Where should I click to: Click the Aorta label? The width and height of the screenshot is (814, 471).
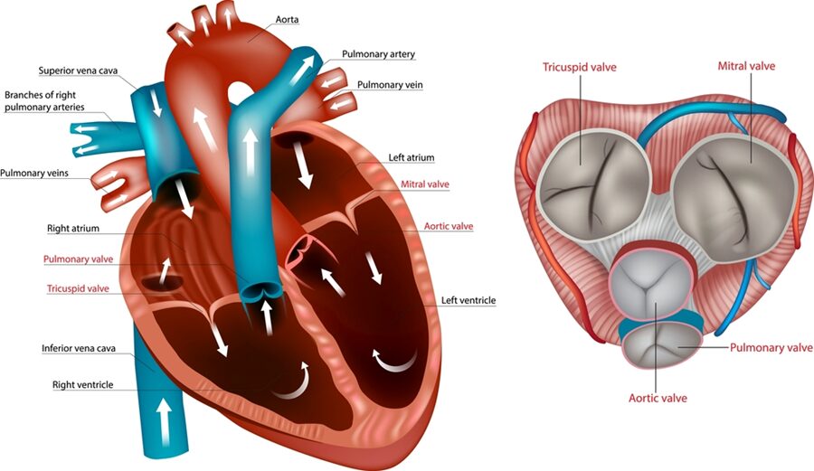point(287,19)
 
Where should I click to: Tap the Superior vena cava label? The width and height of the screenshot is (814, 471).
point(78,71)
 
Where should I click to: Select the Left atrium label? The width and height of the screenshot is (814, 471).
point(412,157)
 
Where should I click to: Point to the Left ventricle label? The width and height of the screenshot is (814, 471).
point(469,300)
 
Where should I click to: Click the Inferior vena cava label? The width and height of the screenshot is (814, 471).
point(79,348)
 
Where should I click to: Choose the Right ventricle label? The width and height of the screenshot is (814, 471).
point(82,384)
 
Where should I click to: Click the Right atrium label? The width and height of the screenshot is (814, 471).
point(72,228)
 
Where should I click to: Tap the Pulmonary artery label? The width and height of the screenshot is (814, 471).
point(378,54)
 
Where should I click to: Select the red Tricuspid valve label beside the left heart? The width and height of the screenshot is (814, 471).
point(78,288)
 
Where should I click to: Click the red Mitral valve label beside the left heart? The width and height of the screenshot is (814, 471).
point(425,184)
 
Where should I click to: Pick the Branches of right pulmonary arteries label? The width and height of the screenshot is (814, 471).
point(44,101)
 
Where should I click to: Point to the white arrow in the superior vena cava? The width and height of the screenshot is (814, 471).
point(156,104)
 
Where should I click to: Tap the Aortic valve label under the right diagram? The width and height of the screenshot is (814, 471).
point(658,399)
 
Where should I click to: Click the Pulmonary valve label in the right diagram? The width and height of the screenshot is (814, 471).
point(771,347)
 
